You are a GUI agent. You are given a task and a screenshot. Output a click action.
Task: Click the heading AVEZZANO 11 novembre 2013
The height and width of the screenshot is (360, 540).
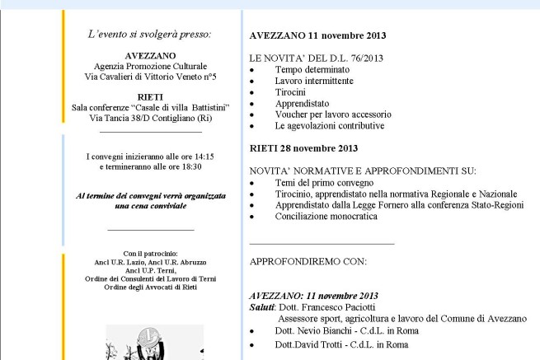click(x=317, y=37)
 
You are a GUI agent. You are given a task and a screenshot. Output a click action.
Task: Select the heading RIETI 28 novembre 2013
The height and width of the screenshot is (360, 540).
click(x=303, y=149)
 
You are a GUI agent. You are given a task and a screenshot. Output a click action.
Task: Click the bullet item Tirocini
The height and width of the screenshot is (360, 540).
click(x=290, y=93)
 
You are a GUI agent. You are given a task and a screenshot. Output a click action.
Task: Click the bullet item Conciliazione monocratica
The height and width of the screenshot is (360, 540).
click(x=326, y=216)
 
